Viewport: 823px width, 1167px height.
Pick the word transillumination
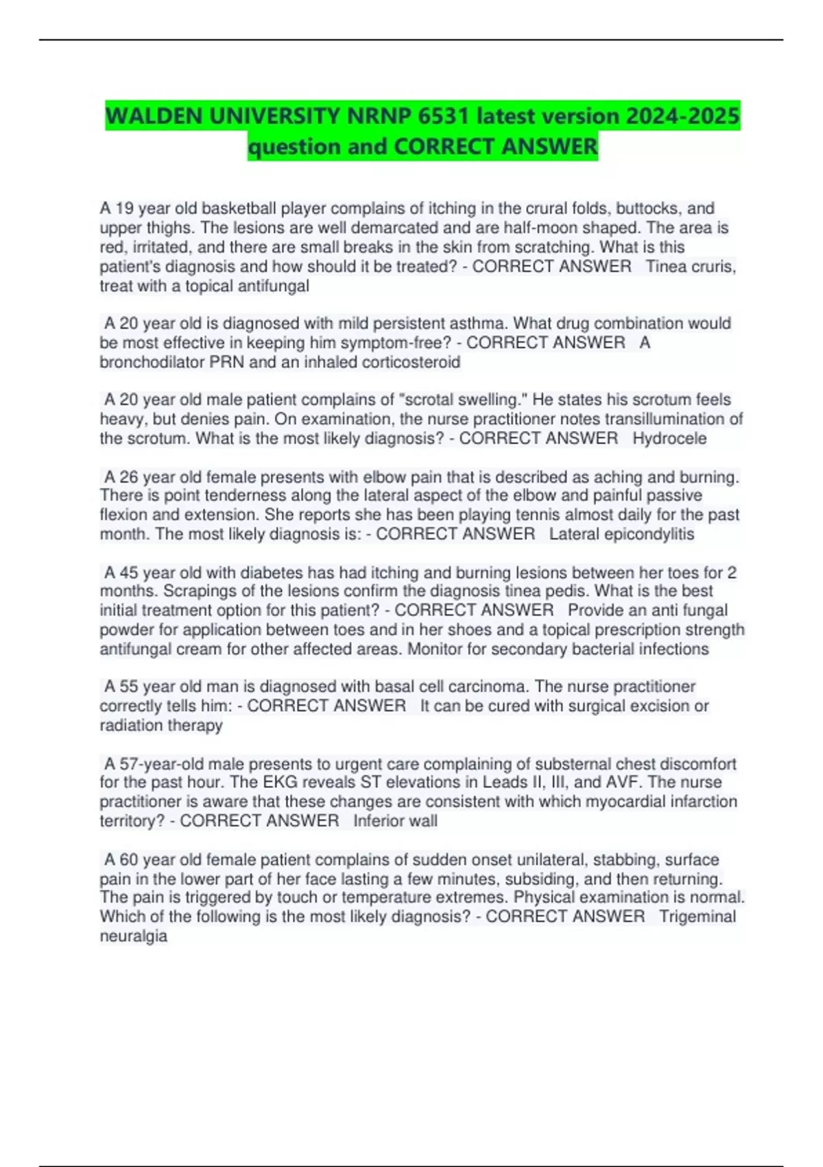pyautogui.click(x=647, y=419)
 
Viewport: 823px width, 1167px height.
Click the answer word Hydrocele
pyautogui.click(x=669, y=439)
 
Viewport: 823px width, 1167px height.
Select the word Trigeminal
pyautogui.click(x=697, y=916)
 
